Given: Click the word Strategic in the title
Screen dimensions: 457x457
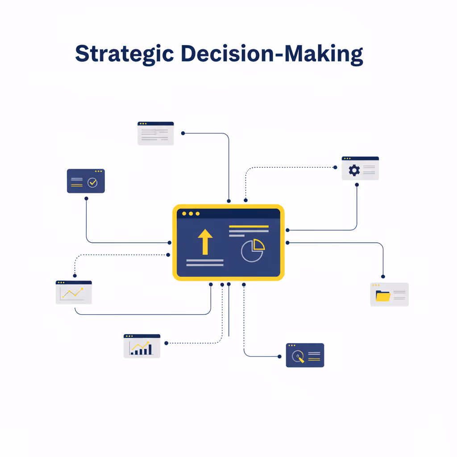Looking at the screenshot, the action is click(x=125, y=54).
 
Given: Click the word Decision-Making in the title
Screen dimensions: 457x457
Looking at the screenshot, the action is click(x=272, y=54).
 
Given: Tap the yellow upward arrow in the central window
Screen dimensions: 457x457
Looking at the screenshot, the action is click(x=205, y=242).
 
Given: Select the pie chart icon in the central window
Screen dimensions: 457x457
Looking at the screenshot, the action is click(x=253, y=250).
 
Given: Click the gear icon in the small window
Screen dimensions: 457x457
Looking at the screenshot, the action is click(x=354, y=170).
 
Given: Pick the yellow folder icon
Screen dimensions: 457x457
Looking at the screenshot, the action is click(x=383, y=296).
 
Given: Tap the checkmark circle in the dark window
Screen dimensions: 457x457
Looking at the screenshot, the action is click(x=92, y=183).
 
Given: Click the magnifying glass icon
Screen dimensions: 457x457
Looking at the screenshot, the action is click(x=298, y=357).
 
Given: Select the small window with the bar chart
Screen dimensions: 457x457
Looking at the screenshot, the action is click(x=142, y=346).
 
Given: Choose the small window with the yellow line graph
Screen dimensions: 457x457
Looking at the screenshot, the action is click(x=74, y=292).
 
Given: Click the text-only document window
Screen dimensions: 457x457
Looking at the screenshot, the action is click(x=156, y=133).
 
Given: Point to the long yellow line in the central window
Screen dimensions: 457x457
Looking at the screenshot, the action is click(x=249, y=226).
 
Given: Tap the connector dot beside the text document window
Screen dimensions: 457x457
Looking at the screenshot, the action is click(x=183, y=133).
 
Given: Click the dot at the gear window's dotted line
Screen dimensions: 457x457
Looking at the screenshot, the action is click(x=335, y=167).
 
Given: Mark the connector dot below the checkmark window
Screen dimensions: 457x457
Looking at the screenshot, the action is click(x=86, y=199).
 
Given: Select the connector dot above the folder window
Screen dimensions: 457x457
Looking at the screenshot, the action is click(x=383, y=277).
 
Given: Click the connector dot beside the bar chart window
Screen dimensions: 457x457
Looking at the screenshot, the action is click(x=166, y=343).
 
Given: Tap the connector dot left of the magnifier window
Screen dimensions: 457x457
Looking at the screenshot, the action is click(x=279, y=357).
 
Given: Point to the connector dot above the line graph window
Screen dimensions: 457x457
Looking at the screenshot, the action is click(x=75, y=276).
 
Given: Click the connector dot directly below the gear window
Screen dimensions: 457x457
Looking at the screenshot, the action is click(x=357, y=185).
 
